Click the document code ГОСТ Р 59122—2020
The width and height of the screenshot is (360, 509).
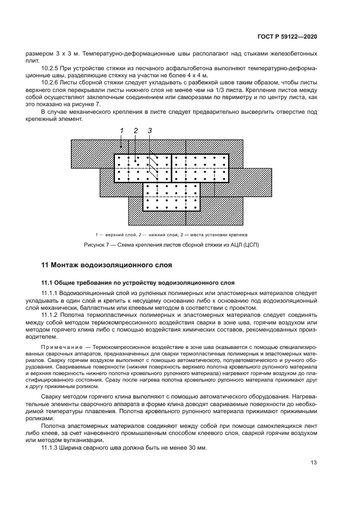coord(288,36)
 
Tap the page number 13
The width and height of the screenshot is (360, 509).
coord(314,463)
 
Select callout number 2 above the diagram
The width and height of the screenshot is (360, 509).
coord(135,131)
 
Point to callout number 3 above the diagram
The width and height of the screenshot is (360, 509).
coord(149,131)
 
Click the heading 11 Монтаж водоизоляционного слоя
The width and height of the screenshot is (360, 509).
coord(107,265)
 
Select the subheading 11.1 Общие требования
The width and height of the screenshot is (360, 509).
coord(138,283)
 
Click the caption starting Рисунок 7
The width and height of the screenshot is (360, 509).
coord(170,244)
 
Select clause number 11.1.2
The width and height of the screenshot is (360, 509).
coord(51,315)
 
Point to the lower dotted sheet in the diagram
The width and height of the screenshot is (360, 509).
coord(172,197)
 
